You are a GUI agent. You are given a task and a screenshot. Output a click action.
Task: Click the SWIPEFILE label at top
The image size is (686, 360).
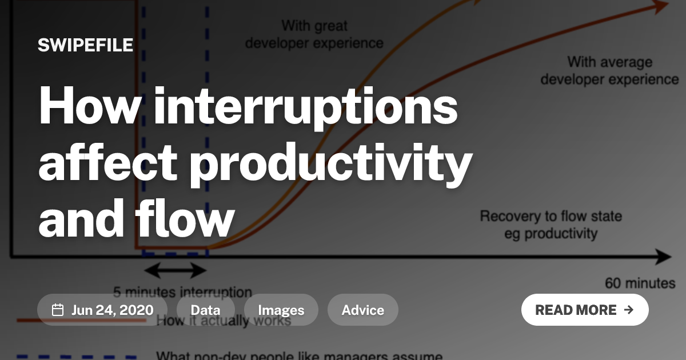click(85, 45)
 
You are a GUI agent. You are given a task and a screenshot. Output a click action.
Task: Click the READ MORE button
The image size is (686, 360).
click(584, 310)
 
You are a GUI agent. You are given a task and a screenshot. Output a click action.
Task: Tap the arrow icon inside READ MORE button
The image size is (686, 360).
click(628, 310)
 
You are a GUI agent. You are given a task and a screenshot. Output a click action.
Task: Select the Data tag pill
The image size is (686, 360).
click(205, 310)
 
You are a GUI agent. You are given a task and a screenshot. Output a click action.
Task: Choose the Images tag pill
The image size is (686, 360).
click(281, 310)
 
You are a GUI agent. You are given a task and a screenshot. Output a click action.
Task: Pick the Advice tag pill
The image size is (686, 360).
click(362, 310)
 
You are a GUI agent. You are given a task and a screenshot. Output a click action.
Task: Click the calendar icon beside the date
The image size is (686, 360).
click(58, 310)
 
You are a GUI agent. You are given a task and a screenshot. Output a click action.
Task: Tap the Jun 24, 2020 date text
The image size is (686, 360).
click(112, 310)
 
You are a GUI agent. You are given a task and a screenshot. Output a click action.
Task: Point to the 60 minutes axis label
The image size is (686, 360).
click(640, 283)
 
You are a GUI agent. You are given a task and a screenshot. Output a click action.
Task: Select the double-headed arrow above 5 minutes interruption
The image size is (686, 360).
click(174, 270)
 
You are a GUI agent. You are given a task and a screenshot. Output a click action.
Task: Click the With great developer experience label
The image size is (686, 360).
click(314, 34)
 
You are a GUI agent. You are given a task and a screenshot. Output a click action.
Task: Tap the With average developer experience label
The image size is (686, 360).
click(609, 70)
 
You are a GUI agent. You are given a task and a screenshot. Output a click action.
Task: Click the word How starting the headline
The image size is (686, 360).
click(85, 105)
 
